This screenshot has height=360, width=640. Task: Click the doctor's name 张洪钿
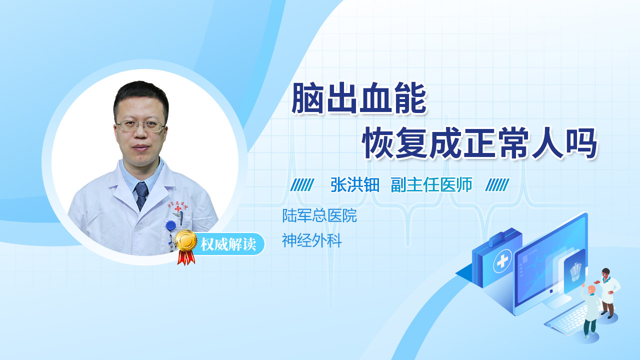point(355,185)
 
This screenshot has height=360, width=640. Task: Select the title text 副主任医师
point(431,185)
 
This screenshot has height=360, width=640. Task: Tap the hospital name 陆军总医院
point(319,215)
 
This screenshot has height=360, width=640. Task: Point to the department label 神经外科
point(312,240)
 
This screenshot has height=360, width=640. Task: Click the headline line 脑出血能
point(359,98)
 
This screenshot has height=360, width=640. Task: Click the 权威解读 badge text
point(228,244)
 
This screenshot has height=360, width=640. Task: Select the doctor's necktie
point(141,196)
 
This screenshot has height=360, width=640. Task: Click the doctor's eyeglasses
point(140,126)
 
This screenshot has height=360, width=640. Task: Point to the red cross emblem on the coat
point(178,208)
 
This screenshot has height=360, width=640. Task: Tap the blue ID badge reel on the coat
point(171,225)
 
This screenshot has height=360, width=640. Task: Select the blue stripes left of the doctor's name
point(302,185)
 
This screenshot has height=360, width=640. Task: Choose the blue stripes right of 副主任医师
point(497,185)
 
